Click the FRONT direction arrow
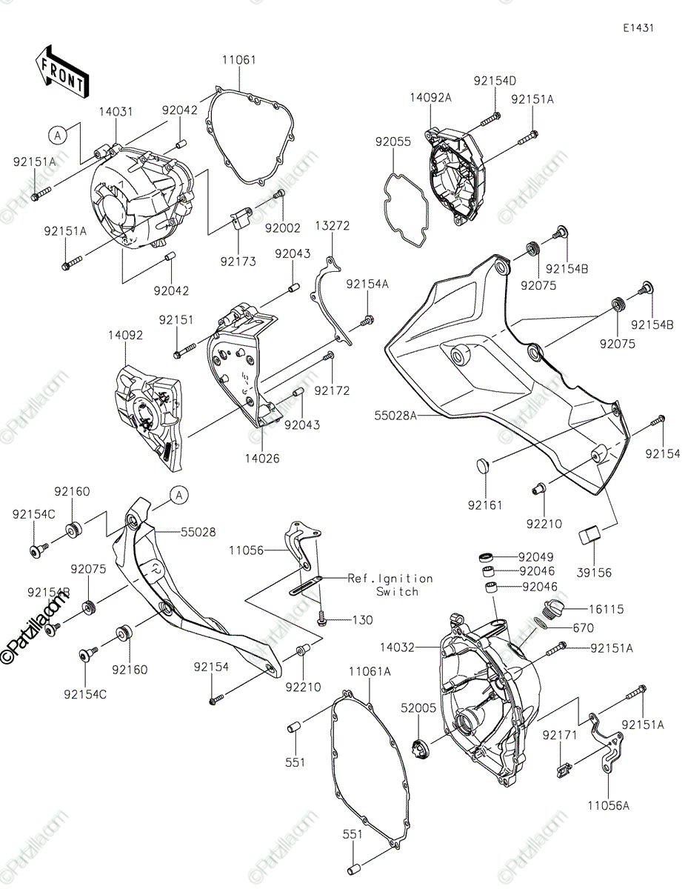(62, 72)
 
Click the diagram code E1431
(638, 28)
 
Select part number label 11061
(239, 60)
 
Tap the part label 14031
(116, 112)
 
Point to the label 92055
(393, 141)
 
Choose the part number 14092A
(431, 98)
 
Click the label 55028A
(395, 416)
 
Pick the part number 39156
(594, 573)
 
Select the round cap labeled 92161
(484, 465)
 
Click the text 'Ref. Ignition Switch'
(390, 585)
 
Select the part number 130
(363, 620)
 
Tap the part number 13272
(333, 226)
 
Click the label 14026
(262, 459)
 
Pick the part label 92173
(238, 261)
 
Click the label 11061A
(370, 671)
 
